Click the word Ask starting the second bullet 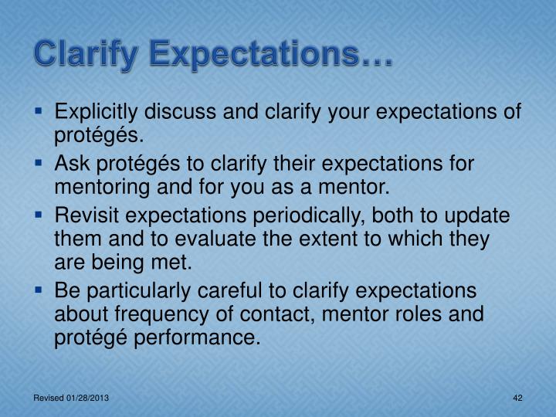(x=70, y=165)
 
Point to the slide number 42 (x=518, y=397)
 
